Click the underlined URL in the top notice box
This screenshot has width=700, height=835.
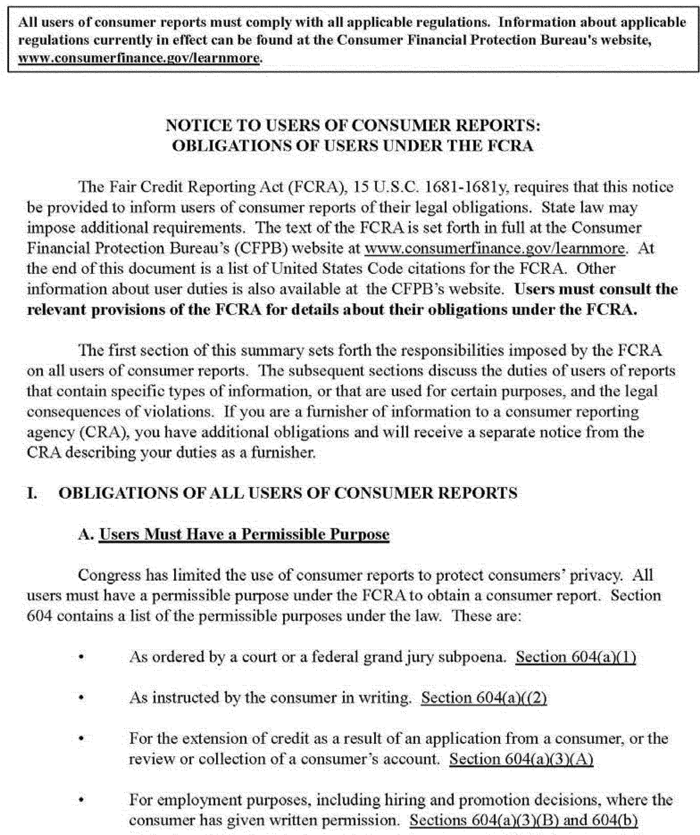[x=139, y=58]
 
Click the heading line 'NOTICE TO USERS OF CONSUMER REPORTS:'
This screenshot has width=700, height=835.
[x=353, y=126]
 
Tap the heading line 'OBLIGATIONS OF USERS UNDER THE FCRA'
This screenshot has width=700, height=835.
[x=353, y=146]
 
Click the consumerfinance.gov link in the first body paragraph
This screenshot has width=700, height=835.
[x=494, y=248]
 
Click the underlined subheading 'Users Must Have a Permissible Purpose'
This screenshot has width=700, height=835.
[x=244, y=534]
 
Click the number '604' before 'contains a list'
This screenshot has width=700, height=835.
[x=39, y=616]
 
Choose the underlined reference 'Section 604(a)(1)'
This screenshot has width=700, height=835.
[x=575, y=657]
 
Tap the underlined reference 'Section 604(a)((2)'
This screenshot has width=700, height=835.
[x=484, y=698]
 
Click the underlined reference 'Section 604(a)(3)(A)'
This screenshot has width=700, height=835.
[x=521, y=759]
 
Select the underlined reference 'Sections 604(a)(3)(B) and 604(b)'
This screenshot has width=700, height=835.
[x=523, y=820]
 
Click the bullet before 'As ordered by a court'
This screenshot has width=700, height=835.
[x=81, y=658]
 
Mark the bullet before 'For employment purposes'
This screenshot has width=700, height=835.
[x=81, y=800]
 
